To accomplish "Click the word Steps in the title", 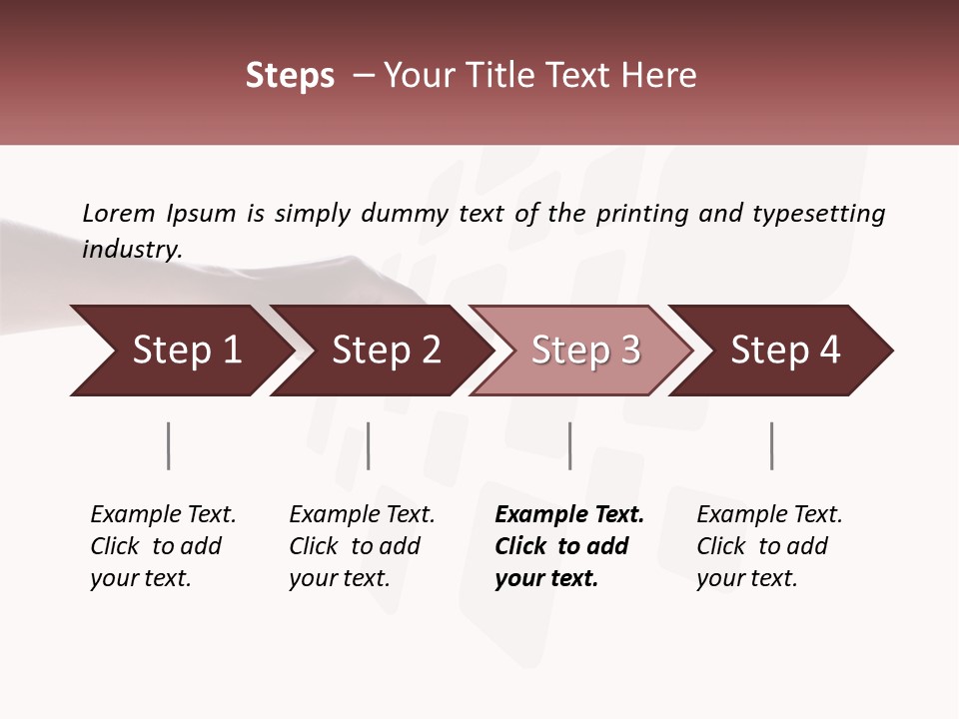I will (290, 76).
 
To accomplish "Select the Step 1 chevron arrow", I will (180, 351).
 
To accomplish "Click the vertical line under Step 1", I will (168, 445).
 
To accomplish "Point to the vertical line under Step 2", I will (369, 445).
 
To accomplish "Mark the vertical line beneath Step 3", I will (569, 445).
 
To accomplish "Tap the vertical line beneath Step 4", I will (771, 445).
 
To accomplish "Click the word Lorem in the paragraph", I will (119, 213).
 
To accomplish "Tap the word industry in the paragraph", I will (132, 249).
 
